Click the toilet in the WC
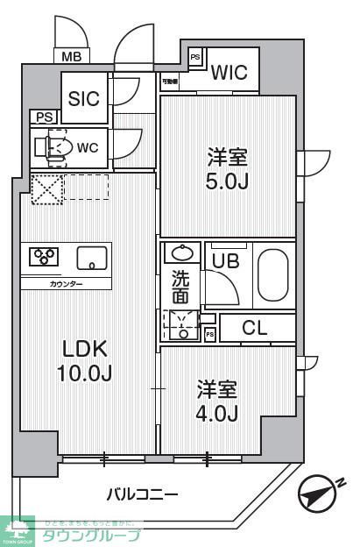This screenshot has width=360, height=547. coord(57,148)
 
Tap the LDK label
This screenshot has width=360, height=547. coord(84,350)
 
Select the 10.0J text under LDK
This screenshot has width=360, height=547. coord(84,373)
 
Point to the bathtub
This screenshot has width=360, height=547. coord(274,273)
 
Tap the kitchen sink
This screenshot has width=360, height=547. coord(91,257)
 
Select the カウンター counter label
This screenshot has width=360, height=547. coord(67,284)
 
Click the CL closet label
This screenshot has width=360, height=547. coord(255,329)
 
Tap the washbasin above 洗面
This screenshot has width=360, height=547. coord(181,253)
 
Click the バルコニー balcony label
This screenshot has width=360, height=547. coord(142,495)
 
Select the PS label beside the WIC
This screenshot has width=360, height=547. coord(195,57)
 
